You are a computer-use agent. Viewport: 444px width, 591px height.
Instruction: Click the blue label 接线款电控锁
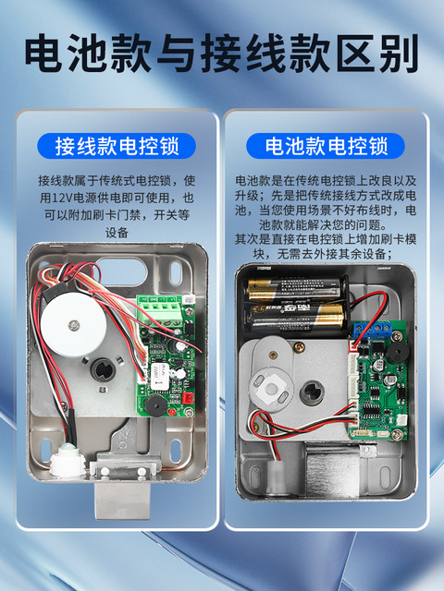117,146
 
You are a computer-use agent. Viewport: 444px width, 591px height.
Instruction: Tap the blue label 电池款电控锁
327,146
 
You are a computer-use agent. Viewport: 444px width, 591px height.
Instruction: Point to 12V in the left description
61,198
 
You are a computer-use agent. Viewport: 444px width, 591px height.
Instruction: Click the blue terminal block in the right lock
378,327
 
